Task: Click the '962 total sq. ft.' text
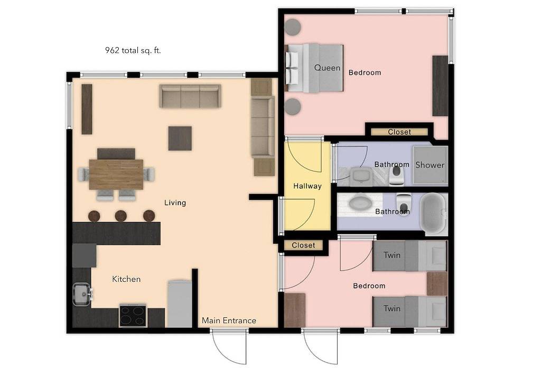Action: coord(133,51)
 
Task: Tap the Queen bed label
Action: coord(327,68)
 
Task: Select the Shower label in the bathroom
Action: coord(430,165)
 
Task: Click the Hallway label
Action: coord(307,186)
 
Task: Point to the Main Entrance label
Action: coord(229,320)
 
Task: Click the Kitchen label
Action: coord(126,279)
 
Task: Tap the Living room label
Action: coord(175,203)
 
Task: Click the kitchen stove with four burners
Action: coord(133,316)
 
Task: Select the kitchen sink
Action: coord(82,294)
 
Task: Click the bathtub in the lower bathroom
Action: coord(434,214)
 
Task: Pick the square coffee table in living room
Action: coord(180,138)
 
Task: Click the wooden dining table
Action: coord(116,174)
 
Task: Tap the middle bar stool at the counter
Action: coord(121,216)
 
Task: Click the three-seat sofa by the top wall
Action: coord(190,96)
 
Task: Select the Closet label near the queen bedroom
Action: coord(399,132)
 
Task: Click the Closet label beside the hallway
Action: coord(303,245)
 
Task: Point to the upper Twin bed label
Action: coord(392,255)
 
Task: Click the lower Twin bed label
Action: coord(392,308)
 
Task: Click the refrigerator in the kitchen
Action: coord(180,304)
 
